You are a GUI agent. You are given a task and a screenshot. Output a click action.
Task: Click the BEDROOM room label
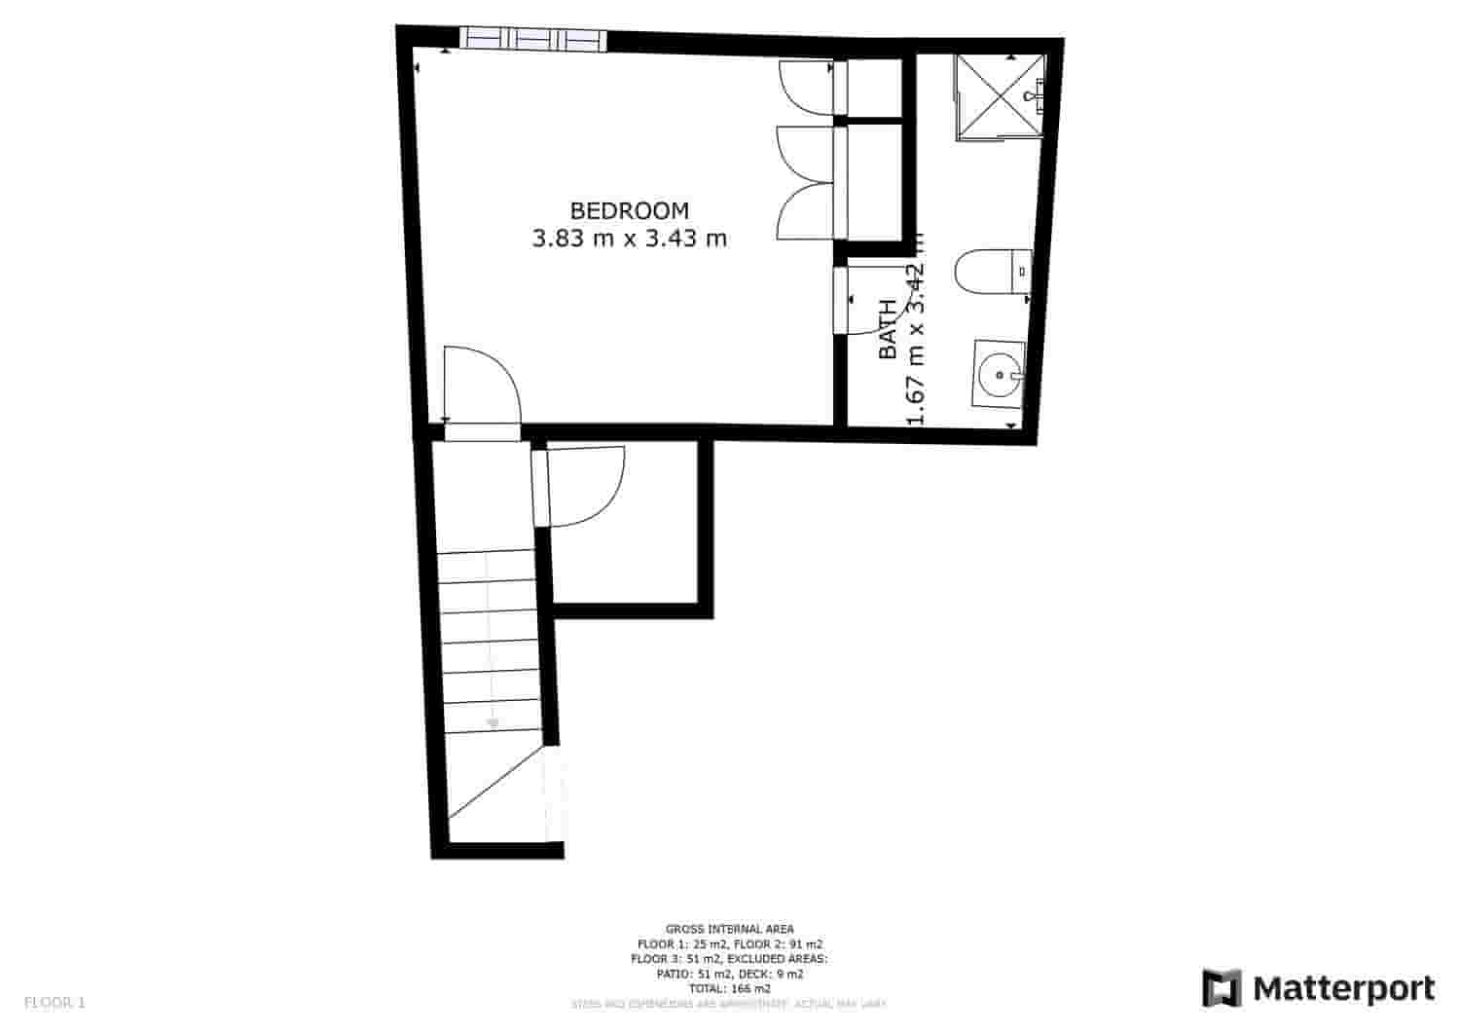pyautogui.click(x=629, y=210)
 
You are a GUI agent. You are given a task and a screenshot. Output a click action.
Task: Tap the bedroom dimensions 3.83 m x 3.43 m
pyautogui.click(x=629, y=238)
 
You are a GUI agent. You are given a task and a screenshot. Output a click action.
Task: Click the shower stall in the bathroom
pyautogui.click(x=998, y=95)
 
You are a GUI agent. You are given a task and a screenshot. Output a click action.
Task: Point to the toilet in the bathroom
pyautogui.click(x=991, y=273)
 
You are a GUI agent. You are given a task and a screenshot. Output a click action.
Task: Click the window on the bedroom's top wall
pyautogui.click(x=532, y=39)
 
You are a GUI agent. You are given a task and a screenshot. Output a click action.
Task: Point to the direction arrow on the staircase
pyautogui.click(x=493, y=720)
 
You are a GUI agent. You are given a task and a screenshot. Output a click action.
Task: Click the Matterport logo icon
pyautogui.click(x=1222, y=987)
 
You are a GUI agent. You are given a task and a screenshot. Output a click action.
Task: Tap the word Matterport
pyautogui.click(x=1344, y=988)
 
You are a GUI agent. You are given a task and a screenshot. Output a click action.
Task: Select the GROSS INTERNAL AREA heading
pyautogui.click(x=729, y=929)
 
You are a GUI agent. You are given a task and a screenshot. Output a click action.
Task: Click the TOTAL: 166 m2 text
pyautogui.click(x=729, y=987)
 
